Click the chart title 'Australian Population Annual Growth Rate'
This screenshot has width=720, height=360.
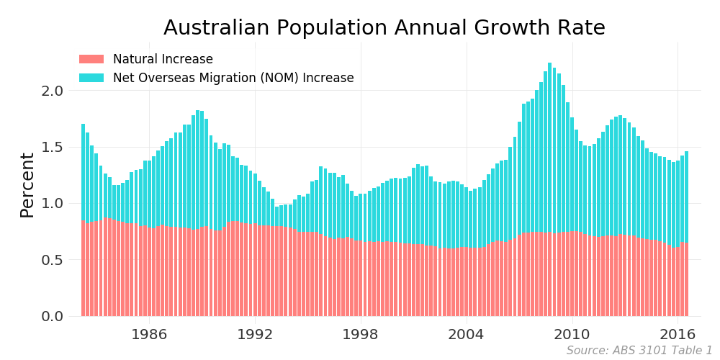point(384,28)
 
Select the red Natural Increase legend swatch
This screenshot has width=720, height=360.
point(91,59)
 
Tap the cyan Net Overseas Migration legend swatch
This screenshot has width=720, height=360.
point(91,78)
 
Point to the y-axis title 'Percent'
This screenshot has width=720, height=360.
point(27,185)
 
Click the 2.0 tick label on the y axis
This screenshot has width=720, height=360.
point(53,91)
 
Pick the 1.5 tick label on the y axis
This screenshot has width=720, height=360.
point(53,147)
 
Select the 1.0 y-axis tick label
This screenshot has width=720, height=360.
point(53,203)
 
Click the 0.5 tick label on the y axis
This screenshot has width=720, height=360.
point(53,260)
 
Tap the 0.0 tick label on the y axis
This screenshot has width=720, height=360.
point(53,316)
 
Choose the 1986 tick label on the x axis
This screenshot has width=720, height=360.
point(149,334)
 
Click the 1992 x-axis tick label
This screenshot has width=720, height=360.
point(255,334)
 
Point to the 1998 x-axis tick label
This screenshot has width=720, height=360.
point(360,334)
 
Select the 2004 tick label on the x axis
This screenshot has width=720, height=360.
point(466,334)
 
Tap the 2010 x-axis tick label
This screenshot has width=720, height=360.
point(572,334)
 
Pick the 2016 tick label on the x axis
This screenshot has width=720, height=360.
point(678,334)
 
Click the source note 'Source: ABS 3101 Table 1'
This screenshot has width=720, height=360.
point(639,351)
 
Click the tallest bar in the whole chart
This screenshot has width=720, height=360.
point(549,187)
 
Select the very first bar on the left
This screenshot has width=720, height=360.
point(83,216)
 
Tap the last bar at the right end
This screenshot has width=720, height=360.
point(686,230)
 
